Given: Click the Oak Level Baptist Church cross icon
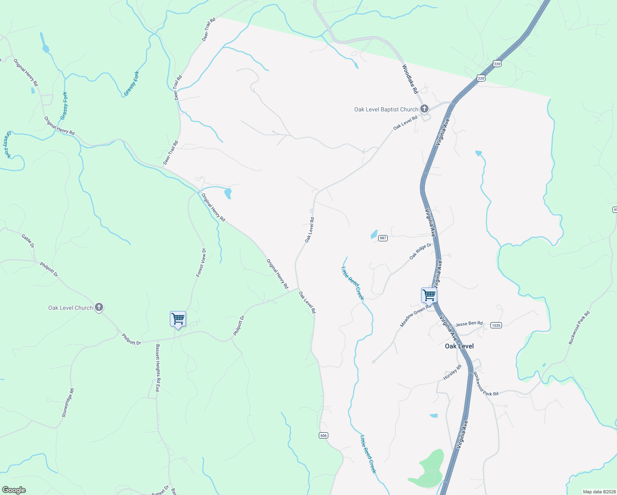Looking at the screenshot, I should pos(424,109).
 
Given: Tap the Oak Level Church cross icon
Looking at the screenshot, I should pos(99,307).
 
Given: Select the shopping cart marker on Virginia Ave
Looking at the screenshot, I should pos(429,296).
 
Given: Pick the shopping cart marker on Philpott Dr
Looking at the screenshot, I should pos(178,319).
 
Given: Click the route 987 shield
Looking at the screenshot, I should pos(383,238).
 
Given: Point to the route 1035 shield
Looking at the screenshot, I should pos(496,325).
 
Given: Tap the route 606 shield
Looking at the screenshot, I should pos(323,436).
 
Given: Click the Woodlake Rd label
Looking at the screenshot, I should pos(410,79).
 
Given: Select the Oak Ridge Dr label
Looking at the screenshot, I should pos(420,251).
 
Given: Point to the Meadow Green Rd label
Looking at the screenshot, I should pos(415,316).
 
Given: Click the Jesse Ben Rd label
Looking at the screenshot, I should pos(469,324).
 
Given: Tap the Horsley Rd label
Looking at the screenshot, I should pos(452,372).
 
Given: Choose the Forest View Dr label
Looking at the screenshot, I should pos(201,262).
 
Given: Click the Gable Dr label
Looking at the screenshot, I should pos(28,241).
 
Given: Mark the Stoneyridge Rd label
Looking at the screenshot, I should pos(68,403).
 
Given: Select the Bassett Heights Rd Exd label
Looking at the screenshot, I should pos(158,368).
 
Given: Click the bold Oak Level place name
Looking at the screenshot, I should pos(459,346).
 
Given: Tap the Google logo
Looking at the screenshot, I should pos(14,490).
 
